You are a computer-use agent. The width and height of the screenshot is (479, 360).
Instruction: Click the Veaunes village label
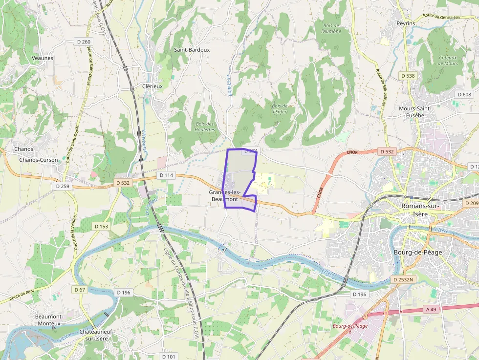42,58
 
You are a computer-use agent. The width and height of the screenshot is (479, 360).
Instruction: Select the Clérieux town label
152,86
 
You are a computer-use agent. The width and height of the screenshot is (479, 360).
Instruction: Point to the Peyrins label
406,23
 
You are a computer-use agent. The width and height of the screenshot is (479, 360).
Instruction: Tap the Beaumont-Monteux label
48,320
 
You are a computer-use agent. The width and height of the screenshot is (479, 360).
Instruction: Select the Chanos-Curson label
38,160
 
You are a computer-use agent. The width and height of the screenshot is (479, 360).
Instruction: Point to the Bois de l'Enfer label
280,108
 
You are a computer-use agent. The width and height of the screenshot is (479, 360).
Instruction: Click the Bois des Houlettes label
205,127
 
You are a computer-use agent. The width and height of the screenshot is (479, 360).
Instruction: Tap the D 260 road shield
84,42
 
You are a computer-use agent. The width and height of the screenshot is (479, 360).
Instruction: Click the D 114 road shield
166,175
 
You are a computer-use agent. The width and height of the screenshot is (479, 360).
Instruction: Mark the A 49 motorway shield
431,309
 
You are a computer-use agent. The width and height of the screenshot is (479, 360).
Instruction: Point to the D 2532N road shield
403,280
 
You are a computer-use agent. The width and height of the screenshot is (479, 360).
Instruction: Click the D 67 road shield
80,290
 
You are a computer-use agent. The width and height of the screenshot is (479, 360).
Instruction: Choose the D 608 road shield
464,94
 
